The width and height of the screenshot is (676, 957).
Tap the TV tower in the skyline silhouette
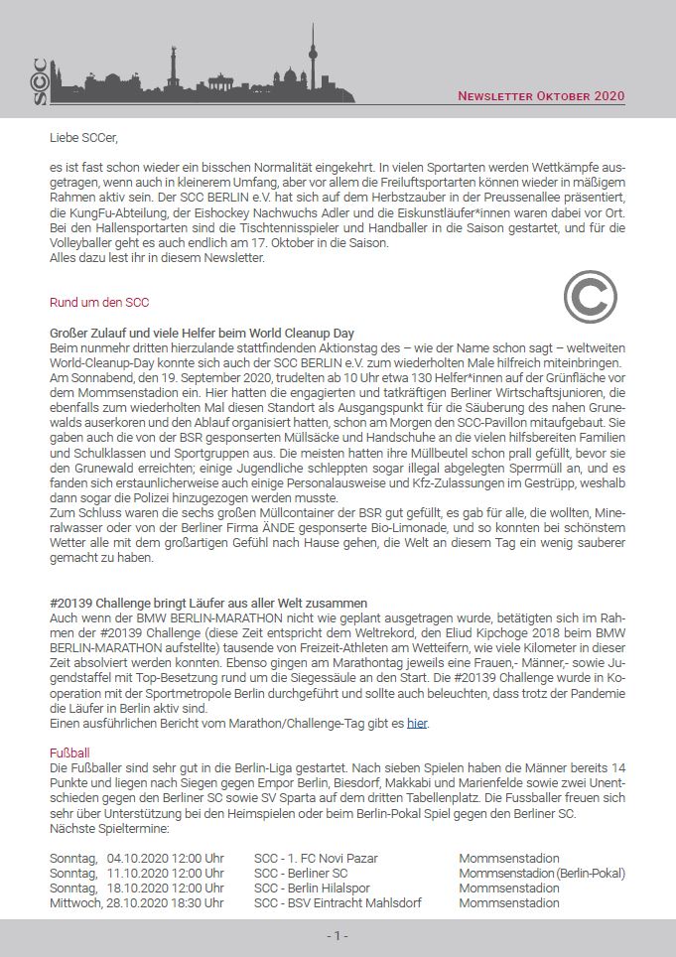(312, 60)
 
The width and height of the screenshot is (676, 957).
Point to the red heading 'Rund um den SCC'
(99, 302)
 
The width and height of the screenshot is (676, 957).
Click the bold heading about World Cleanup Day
(202, 333)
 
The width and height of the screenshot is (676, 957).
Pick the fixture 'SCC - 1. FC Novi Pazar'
(316, 858)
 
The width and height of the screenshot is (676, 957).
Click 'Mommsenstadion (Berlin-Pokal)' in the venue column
(542, 873)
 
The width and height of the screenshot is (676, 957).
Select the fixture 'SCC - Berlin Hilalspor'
(315, 888)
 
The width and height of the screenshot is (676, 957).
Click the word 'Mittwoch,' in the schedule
(76, 902)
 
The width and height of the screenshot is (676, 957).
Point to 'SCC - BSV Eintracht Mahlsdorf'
(338, 902)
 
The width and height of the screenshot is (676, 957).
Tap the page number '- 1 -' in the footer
(338, 936)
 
